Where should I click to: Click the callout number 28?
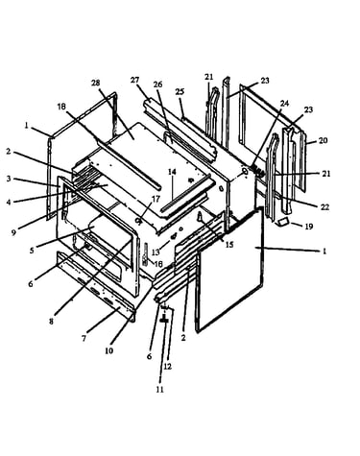(95, 83)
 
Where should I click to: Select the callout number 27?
(134, 80)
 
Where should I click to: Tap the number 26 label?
(157, 84)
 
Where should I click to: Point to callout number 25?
(180, 91)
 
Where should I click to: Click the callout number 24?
(284, 103)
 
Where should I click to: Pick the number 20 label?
(323, 140)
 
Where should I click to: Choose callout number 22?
(324, 207)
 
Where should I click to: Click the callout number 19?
(308, 227)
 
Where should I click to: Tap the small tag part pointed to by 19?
(282, 222)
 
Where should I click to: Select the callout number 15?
(229, 245)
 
